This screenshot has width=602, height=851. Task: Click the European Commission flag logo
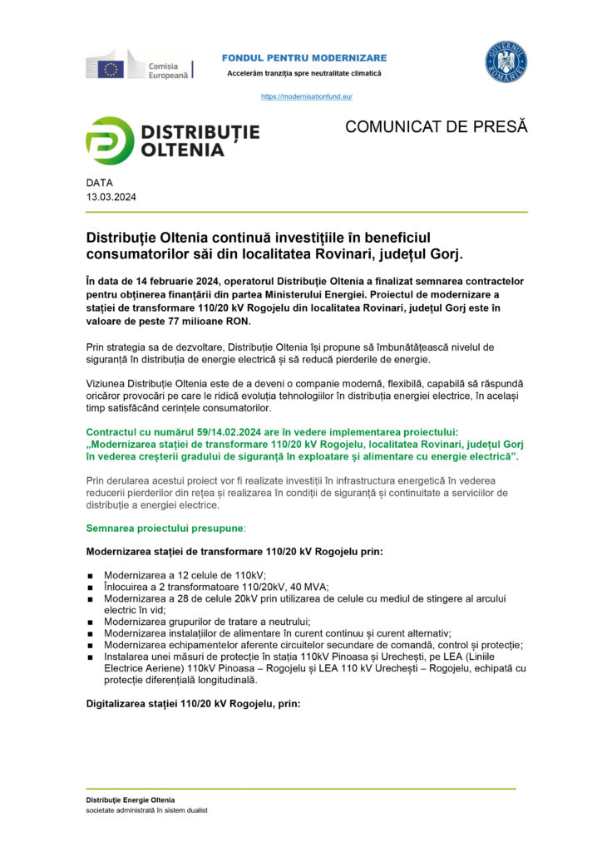pyautogui.click(x=111, y=67)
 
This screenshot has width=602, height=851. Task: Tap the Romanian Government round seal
pyautogui.click(x=506, y=62)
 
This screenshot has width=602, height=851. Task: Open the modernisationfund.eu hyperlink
pyautogui.click(x=307, y=96)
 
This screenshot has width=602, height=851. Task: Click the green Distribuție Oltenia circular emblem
pyautogui.click(x=109, y=141)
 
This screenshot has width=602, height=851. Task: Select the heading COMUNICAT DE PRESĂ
pyautogui.click(x=436, y=127)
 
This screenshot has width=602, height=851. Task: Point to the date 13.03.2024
pyautogui.click(x=111, y=197)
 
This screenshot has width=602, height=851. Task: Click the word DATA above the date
pyautogui.click(x=99, y=183)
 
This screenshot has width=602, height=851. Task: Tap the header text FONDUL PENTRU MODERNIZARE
pyautogui.click(x=304, y=57)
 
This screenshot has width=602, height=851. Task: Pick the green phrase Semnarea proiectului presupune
pyautogui.click(x=165, y=528)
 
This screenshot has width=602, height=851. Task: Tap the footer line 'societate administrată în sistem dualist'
pyautogui.click(x=146, y=810)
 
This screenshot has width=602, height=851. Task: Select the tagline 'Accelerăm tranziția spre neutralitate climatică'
pyautogui.click(x=304, y=74)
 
